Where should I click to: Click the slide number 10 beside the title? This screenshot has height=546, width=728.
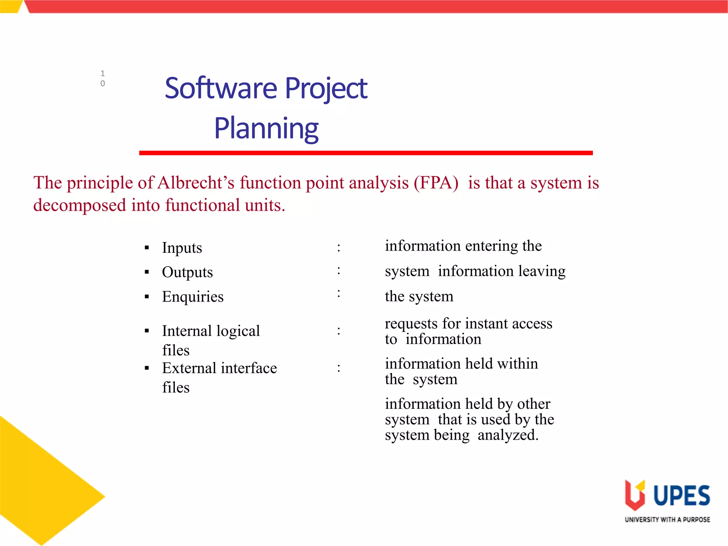click(103, 78)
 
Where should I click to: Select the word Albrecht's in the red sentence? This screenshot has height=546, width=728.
click(196, 183)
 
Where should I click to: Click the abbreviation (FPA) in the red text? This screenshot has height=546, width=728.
click(436, 183)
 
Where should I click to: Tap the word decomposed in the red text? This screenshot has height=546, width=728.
click(80, 205)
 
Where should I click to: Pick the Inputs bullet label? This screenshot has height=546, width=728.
click(182, 248)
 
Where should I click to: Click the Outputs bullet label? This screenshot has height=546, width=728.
click(187, 272)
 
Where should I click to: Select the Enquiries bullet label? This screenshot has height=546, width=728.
click(193, 297)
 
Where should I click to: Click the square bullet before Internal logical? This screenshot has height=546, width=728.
click(147, 331)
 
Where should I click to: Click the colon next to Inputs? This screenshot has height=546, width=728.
click(339, 248)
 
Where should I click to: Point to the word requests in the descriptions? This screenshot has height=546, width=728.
click(411, 324)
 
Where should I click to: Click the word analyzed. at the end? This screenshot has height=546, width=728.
click(508, 435)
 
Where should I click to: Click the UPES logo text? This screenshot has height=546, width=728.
click(681, 496)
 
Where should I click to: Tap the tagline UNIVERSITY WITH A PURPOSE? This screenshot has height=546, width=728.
click(667, 520)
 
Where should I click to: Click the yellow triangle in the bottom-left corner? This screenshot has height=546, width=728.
click(39, 487)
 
